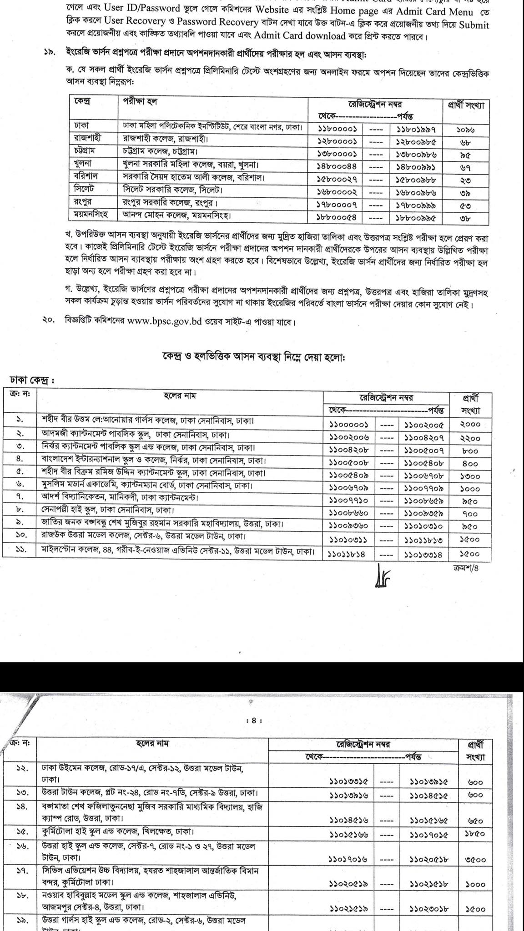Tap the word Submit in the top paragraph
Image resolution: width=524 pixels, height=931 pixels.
pyautogui.click(x=474, y=25)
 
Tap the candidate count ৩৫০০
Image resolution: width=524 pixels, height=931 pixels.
pyautogui.click(x=476, y=860)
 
